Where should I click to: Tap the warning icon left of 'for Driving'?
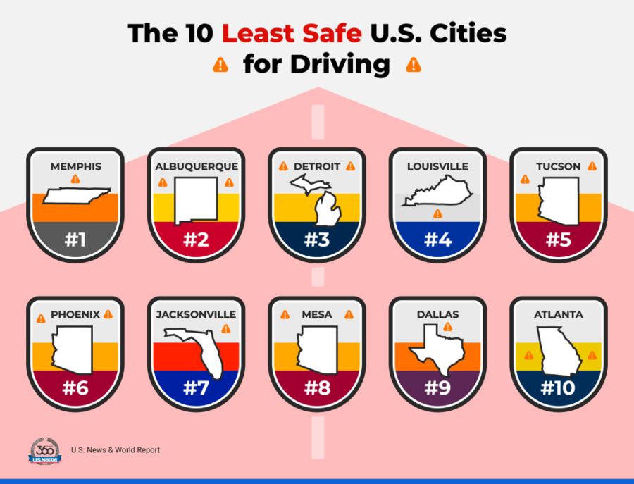click(x=221, y=66)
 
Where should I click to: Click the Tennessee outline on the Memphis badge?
click(x=75, y=196)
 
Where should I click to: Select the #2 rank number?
click(x=195, y=240)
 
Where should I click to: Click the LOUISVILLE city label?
click(x=437, y=167)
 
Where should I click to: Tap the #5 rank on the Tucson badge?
click(x=557, y=240)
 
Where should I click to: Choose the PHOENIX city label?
click(x=75, y=315)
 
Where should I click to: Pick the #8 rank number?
click(x=316, y=388)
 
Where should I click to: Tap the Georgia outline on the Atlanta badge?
click(x=559, y=353)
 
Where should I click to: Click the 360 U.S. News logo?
click(x=45, y=451)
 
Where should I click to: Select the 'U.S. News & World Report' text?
click(x=116, y=449)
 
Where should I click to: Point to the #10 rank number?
click(x=557, y=388)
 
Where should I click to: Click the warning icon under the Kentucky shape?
click(x=437, y=213)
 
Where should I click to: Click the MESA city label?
click(x=316, y=315)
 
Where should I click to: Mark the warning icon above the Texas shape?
click(x=447, y=327)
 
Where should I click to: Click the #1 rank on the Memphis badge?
click(x=75, y=240)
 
